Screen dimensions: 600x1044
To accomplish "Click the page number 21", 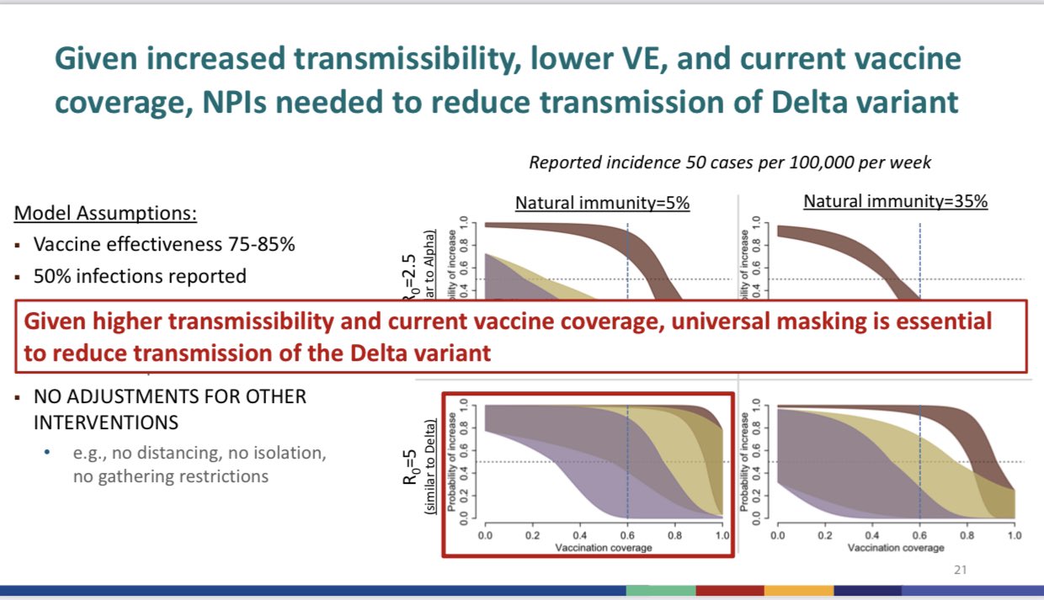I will (x=961, y=571).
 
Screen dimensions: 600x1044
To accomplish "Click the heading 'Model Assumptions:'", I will (x=105, y=213).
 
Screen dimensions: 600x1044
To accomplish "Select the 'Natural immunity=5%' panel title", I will (x=602, y=203).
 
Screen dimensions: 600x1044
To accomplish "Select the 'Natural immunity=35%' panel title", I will (x=895, y=201).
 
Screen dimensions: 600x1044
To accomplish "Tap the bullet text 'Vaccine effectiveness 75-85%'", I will (x=164, y=245).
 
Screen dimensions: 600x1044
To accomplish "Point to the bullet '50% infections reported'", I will (x=140, y=275).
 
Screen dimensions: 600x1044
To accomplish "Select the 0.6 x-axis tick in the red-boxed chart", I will (x=627, y=534).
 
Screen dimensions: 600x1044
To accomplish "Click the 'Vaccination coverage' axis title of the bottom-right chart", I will (x=895, y=547).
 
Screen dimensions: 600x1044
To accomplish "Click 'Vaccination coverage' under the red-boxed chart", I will (x=603, y=547).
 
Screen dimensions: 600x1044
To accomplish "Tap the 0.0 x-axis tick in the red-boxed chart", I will (x=486, y=534).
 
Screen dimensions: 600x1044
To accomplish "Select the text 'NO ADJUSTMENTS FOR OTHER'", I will (x=170, y=396).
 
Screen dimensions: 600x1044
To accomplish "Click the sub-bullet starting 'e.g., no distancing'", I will (x=199, y=453).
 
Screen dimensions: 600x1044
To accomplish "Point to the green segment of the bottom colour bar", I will (x=660, y=590).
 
